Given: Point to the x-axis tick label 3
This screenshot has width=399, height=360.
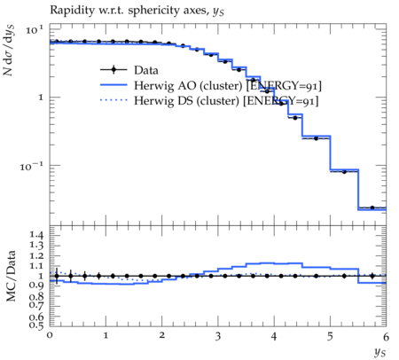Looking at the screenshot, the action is coord(218,336).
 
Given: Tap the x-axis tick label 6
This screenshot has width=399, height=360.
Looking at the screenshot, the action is coord(386,337).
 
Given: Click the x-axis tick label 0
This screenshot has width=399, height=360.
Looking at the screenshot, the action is coord(50,335).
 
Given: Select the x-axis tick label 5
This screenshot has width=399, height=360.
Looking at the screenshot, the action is coord(330,336).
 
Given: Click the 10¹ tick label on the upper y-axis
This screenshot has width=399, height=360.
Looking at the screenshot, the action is coord(35,29).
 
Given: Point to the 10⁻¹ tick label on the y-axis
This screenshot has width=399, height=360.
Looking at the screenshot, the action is coord(31,167).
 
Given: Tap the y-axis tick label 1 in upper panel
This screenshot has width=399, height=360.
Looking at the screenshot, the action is coord(41,98).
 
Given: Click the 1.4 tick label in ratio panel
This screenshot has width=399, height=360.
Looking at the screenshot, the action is coord(36,235).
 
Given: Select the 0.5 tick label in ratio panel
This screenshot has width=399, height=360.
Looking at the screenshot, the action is coord(36,325).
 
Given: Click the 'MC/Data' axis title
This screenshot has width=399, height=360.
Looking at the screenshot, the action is coord(11,276).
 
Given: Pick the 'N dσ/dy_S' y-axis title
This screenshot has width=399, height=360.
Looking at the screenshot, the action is coord(8,51).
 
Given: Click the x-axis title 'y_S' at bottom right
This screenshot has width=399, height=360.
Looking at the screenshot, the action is coord(380,352).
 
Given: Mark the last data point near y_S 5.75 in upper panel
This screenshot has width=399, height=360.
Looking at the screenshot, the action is coord(372,207).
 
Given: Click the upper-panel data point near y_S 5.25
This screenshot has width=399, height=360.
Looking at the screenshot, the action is coord(344,172).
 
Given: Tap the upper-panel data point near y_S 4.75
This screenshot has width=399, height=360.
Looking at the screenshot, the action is coord(316,138).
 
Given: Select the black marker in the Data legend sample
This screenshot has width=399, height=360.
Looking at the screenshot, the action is coord(113,70).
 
